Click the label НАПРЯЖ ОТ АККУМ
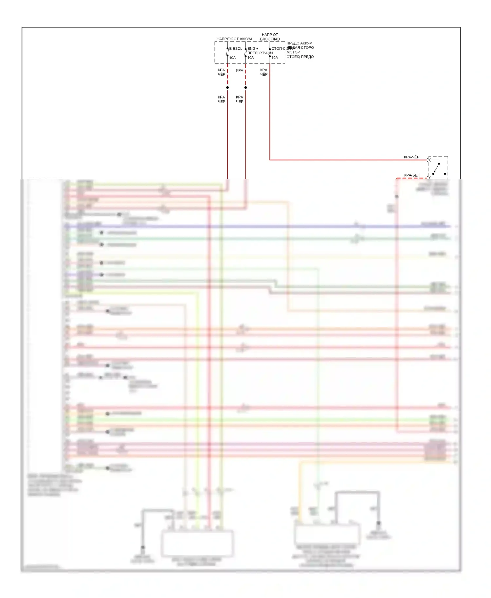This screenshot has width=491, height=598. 234,39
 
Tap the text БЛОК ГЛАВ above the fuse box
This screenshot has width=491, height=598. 270,39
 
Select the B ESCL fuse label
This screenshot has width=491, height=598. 236,49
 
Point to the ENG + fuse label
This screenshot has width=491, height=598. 253,49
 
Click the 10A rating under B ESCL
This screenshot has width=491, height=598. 232,58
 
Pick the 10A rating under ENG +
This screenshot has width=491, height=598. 251,58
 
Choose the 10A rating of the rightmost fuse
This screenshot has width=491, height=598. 275,58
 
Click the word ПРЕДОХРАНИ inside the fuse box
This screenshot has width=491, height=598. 260,53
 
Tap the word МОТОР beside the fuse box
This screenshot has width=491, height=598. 293,52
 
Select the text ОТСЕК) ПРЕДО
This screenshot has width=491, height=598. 300,57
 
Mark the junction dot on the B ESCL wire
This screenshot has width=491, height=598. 227,87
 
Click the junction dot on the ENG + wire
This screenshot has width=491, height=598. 245,87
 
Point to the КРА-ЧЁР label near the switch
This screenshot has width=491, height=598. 411,157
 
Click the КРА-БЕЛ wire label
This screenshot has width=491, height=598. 411,175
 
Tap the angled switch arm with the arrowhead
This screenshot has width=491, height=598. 436,168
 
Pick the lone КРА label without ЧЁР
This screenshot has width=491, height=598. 240,70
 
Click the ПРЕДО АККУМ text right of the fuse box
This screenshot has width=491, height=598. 299,43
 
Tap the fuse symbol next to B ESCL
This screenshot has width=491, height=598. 227,52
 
